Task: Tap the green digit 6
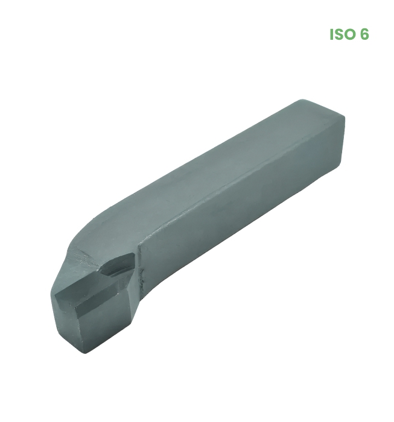(364, 34)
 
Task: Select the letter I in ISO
(331, 34)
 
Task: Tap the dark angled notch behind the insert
(117, 265)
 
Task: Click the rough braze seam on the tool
(140, 266)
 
